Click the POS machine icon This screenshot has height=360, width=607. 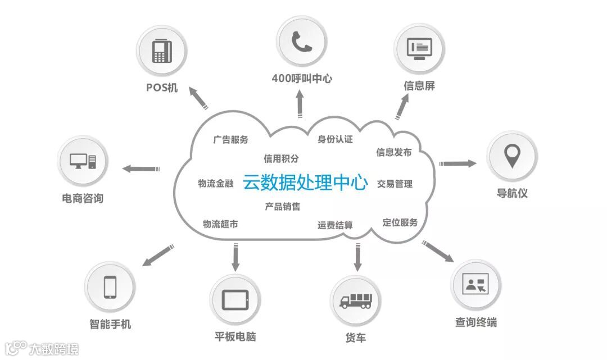(162, 51)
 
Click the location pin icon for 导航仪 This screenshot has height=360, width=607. (511, 156)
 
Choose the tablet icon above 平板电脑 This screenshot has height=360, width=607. (235, 299)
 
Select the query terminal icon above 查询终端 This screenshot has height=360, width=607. (476, 284)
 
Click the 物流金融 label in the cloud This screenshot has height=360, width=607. (215, 184)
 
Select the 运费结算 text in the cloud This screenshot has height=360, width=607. (335, 225)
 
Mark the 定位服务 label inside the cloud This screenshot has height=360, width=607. (400, 222)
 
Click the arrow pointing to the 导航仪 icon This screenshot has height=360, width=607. (457, 163)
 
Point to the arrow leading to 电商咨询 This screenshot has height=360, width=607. (141, 168)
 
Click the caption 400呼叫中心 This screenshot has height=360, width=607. (301, 79)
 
